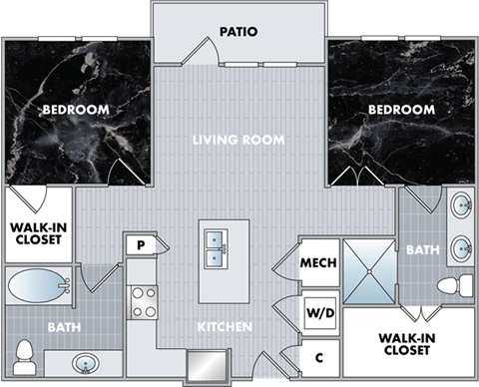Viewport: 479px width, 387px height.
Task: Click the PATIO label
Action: [x=239, y=31]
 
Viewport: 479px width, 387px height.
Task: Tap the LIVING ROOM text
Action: [x=239, y=140]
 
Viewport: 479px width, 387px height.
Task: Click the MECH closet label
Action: [x=318, y=263]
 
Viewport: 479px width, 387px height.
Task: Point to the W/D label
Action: [x=318, y=313]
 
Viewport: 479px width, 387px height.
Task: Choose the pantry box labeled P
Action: [x=141, y=245]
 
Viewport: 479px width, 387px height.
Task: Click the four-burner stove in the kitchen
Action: [x=144, y=301]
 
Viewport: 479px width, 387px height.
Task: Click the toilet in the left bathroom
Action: [x=26, y=354]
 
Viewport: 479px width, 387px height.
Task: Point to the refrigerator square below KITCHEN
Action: [x=207, y=363]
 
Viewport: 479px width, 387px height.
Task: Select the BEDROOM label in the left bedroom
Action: [x=75, y=109]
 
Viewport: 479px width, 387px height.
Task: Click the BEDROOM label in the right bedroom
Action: [x=401, y=109]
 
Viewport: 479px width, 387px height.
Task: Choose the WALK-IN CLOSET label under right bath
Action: [x=405, y=345]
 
